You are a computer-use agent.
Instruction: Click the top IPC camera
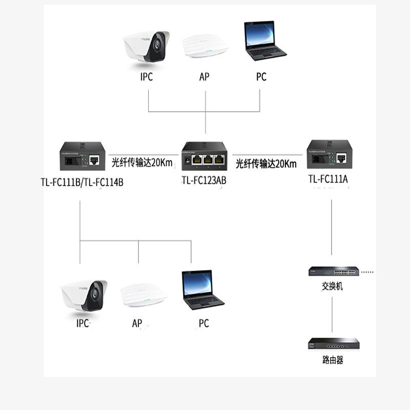(x=147, y=47)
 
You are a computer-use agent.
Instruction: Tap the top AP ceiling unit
(x=205, y=46)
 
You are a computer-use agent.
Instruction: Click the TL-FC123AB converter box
(x=205, y=157)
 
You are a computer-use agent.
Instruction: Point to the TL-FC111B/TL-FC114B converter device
(x=83, y=157)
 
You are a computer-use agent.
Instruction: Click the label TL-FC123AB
(x=204, y=181)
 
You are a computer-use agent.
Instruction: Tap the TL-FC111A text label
(x=328, y=179)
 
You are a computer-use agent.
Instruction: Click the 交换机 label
(x=333, y=286)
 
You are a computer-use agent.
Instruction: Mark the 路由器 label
(x=333, y=360)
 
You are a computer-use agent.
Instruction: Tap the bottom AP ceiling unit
(x=144, y=295)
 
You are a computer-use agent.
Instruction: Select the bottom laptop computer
(x=202, y=290)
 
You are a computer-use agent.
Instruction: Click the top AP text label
(x=204, y=77)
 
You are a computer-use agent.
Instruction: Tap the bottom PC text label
(x=203, y=324)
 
